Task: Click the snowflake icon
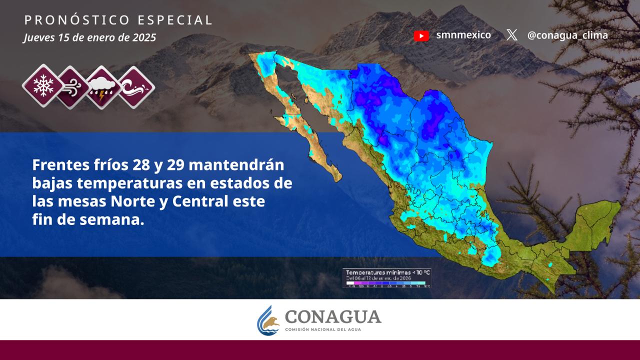[43, 86]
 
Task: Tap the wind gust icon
[73, 87]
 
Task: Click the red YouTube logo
[421, 35]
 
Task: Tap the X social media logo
[511, 35]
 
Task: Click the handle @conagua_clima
[567, 35]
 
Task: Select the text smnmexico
[463, 35]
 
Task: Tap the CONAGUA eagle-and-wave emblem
[268, 320]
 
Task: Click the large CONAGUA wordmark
[332, 316]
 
